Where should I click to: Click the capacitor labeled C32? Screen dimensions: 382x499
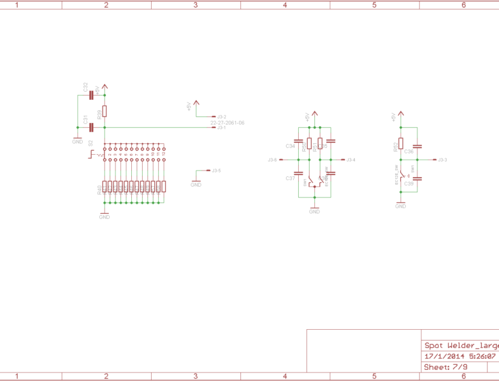tap(92, 95)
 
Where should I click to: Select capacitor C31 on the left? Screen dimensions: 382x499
tap(92, 127)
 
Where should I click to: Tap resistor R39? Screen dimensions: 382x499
tap(105, 112)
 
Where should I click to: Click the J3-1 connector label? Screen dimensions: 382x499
tap(221, 128)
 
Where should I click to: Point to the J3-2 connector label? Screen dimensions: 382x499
tap(221, 117)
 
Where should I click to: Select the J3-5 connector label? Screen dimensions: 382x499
tap(216, 171)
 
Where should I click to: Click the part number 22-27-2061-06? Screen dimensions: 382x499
tap(228, 123)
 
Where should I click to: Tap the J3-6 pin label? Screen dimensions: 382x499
tap(273, 159)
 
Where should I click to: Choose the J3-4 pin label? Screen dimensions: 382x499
tap(351, 159)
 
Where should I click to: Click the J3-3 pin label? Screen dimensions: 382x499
tap(442, 159)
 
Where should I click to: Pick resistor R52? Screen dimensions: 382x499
tap(401, 143)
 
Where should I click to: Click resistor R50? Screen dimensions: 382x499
tap(310, 143)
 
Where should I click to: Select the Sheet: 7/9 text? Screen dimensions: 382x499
tap(446, 367)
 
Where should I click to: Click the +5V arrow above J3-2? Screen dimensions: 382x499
tap(196, 103)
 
